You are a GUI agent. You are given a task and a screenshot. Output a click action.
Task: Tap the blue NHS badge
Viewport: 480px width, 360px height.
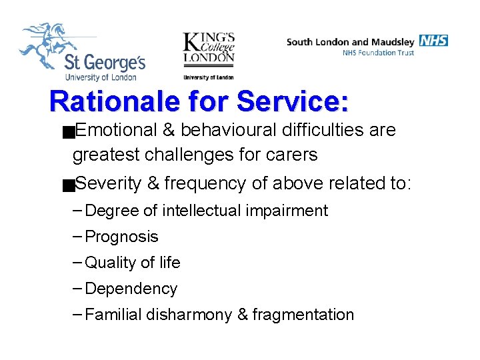pos(433,41)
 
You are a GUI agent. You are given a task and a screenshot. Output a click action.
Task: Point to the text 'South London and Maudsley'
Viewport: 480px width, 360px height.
pos(351,41)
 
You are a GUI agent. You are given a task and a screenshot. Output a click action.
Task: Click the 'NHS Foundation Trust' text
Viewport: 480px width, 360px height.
pos(378,53)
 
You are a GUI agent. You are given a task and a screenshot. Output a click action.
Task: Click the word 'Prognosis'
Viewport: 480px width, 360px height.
pos(122,237)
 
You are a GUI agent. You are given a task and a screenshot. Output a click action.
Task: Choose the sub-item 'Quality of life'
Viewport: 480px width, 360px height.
pos(133,263)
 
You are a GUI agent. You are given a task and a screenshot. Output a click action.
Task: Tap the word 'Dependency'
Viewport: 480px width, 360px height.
pos(131,289)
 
